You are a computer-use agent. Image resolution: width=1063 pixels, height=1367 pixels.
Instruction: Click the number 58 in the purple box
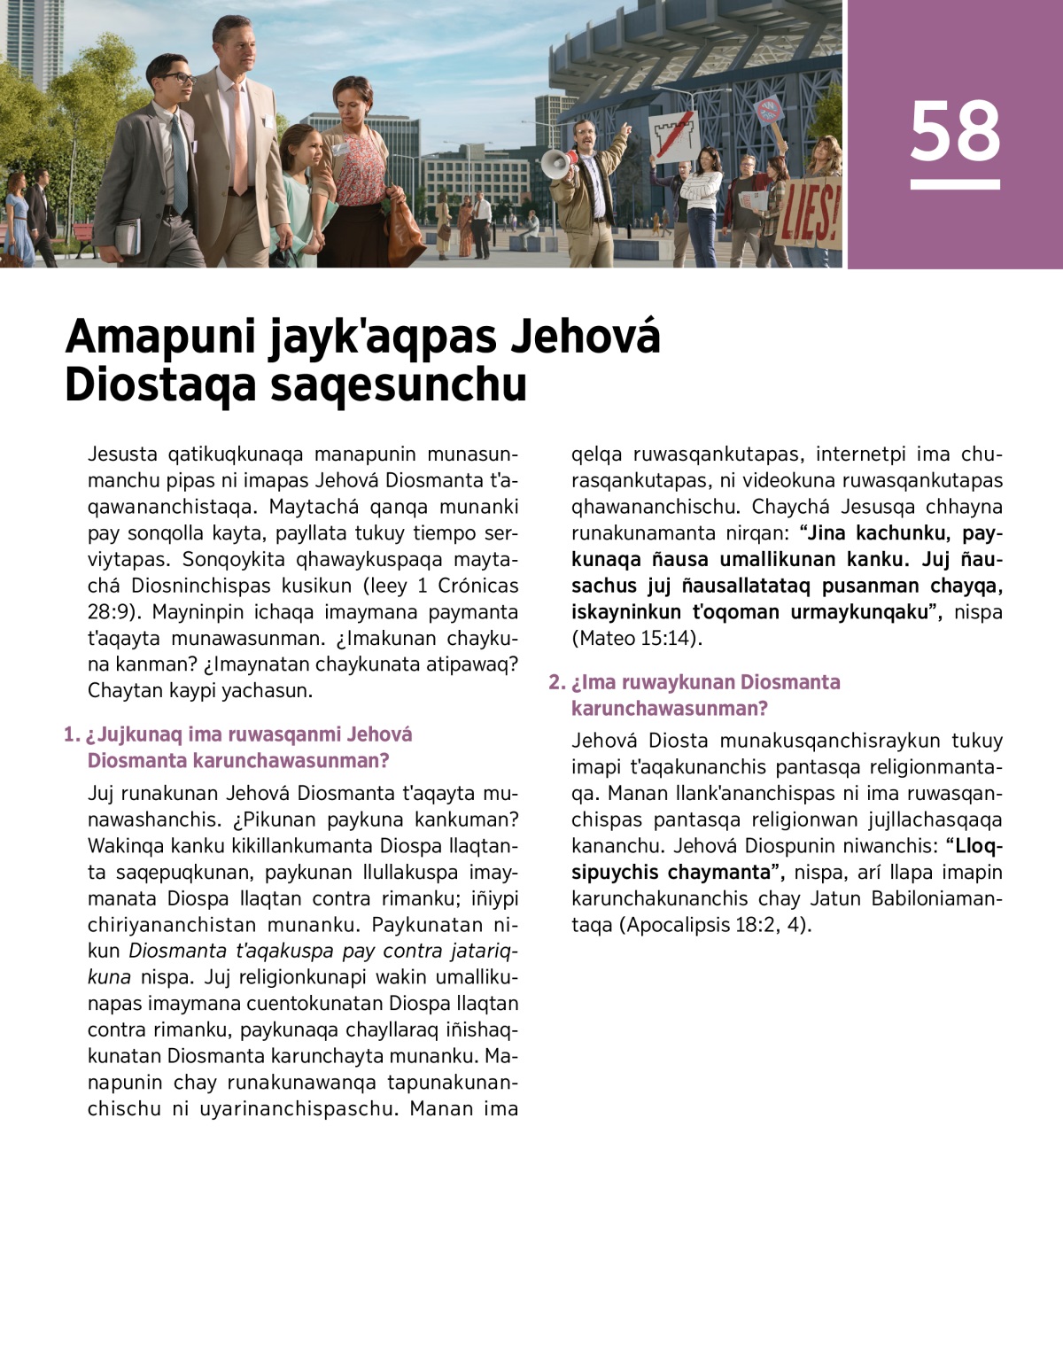(x=955, y=131)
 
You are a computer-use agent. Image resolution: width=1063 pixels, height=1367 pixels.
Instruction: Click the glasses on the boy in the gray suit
(x=176, y=79)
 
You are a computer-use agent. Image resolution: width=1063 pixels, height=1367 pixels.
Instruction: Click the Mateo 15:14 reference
(x=636, y=638)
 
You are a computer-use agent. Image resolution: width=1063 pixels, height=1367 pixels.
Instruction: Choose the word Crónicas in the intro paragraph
(x=477, y=586)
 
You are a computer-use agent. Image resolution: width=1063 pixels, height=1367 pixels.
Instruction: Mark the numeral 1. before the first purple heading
(x=72, y=734)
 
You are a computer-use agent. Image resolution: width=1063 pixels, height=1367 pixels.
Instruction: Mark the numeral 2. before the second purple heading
(x=556, y=682)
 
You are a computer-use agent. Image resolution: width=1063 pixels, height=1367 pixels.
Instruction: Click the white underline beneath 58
(x=955, y=184)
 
